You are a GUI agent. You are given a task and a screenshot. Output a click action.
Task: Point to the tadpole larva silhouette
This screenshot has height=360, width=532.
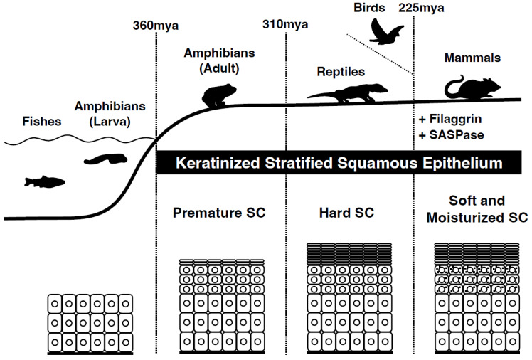[107, 153]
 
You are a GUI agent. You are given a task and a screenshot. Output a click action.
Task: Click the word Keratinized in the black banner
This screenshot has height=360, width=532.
[213, 162]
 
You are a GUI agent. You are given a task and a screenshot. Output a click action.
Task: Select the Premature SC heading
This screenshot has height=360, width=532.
[217, 213]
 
